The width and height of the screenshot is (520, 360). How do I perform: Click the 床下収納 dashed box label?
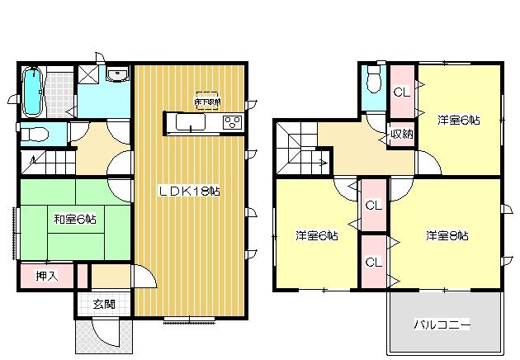(207, 99)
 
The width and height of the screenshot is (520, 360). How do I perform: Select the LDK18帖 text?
(189, 191)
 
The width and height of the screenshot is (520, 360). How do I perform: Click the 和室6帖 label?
(75, 219)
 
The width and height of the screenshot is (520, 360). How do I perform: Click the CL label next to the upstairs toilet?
(402, 92)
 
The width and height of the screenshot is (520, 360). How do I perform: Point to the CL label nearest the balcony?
(373, 263)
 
